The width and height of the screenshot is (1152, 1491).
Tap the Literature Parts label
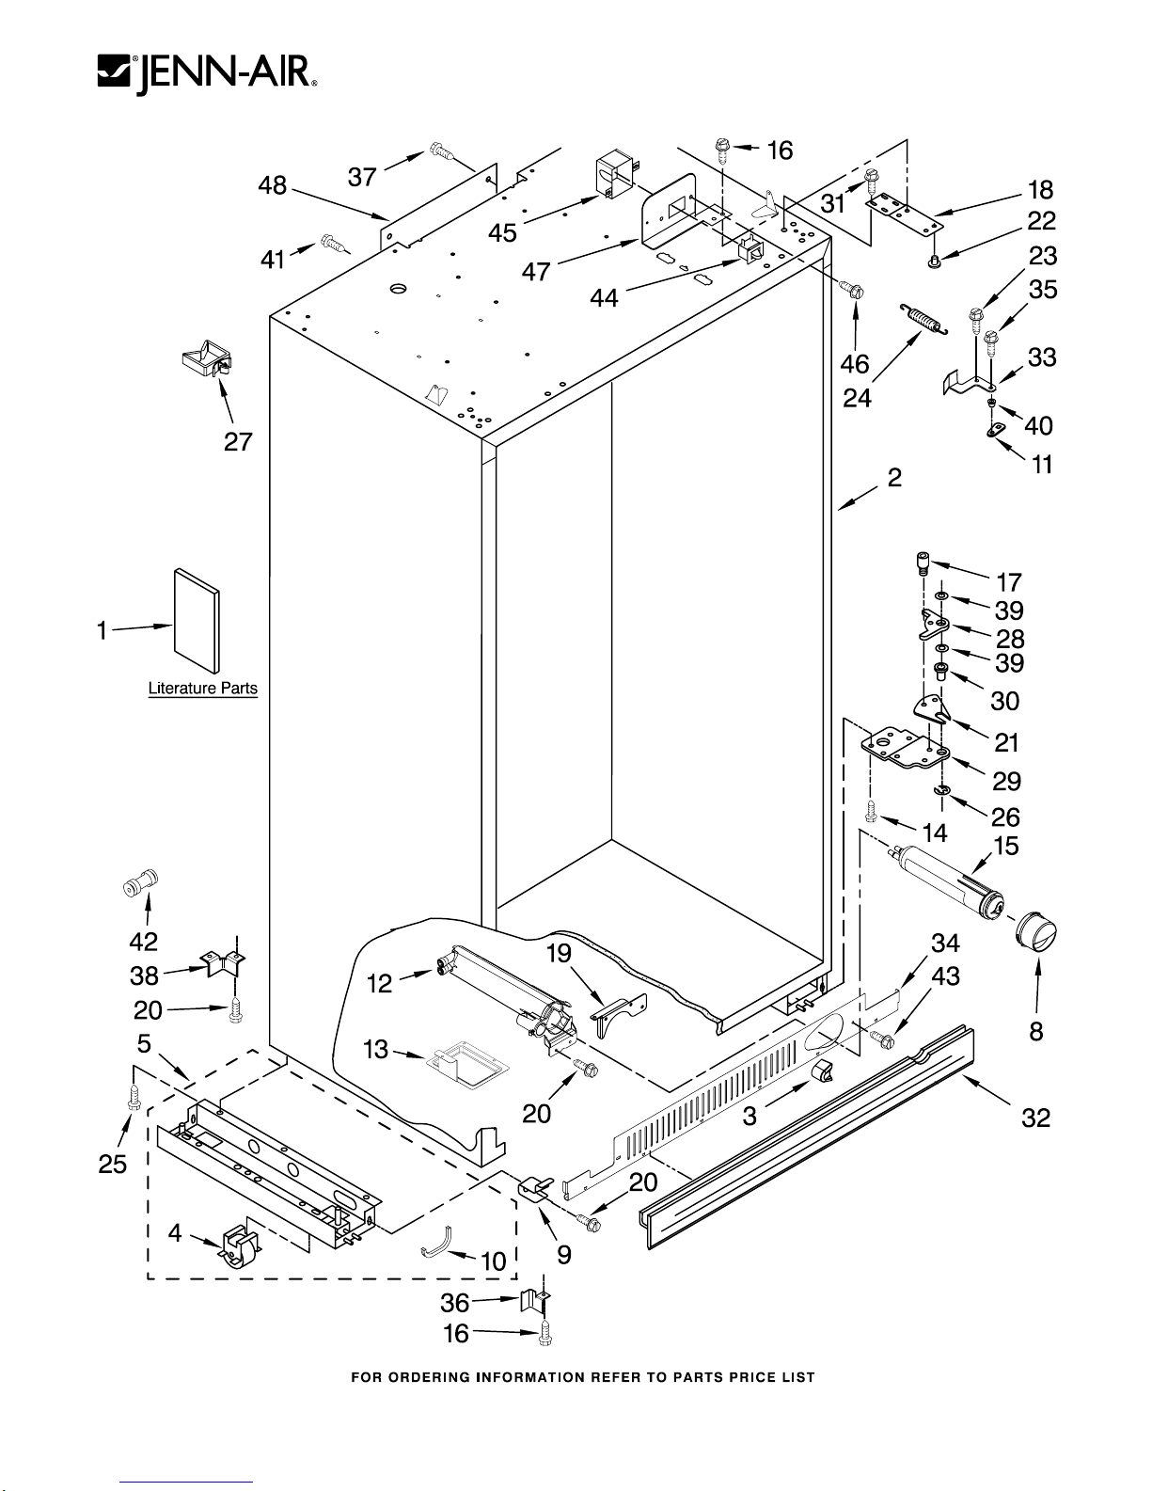[202, 689]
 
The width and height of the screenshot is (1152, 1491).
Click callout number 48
[273, 186]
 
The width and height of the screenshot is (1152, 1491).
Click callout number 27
[238, 441]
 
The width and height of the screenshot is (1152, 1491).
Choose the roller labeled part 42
[141, 885]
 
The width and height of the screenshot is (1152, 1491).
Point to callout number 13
[376, 1049]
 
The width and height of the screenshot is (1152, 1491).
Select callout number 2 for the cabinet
[894, 478]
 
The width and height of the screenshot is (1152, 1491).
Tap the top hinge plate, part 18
[905, 215]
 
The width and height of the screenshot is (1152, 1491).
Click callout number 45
[502, 231]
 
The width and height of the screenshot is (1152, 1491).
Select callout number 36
[455, 1303]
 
